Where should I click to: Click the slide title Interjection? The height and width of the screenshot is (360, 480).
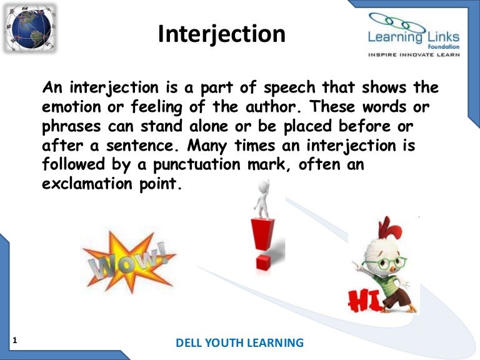point(221,34)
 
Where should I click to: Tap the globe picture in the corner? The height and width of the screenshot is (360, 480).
point(29,29)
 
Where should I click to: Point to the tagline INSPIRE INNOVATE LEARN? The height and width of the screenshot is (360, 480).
point(414,55)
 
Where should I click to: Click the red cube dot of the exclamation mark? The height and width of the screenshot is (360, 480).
point(263,261)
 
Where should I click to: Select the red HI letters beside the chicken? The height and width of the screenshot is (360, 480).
point(362,300)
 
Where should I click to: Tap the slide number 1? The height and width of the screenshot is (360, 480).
point(14,340)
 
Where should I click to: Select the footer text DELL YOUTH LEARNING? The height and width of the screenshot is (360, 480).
point(240,342)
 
